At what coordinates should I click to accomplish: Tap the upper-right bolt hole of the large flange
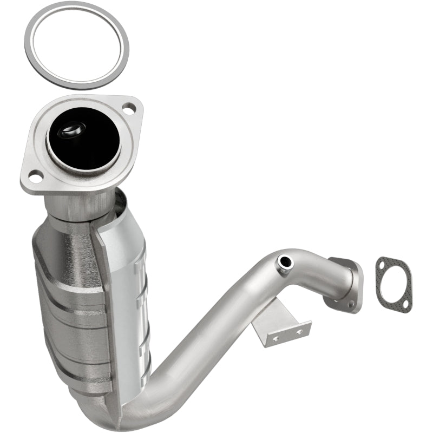click(129, 109)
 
